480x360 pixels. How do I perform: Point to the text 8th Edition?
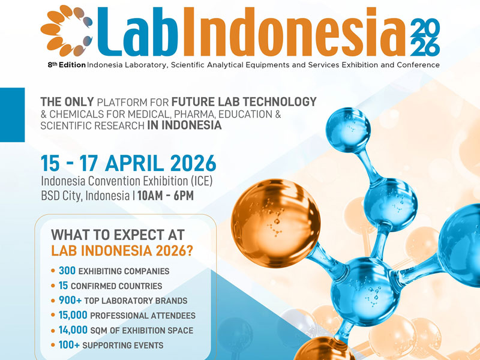(x=67, y=64)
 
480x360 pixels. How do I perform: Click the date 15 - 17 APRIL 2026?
(x=128, y=163)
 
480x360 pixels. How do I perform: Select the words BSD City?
(x=62, y=196)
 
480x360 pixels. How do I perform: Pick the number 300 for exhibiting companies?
(x=67, y=271)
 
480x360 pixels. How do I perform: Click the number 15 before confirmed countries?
(x=64, y=286)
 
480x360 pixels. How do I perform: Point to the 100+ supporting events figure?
(x=70, y=344)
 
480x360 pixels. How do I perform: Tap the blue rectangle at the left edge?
(x=12, y=114)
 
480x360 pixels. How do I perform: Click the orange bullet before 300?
(x=54, y=271)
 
